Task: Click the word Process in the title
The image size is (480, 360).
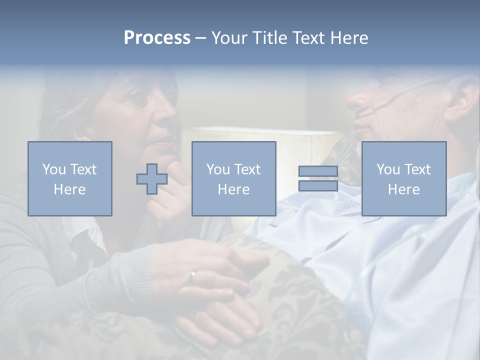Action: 157,38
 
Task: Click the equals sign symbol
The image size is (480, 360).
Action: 318,179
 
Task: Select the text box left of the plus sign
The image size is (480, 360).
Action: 70,179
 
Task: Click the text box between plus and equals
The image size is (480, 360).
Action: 233,179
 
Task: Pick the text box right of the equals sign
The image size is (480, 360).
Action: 404,179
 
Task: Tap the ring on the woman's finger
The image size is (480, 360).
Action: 192,274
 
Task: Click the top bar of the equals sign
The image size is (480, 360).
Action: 318,172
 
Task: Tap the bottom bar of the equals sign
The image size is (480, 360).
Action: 318,186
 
